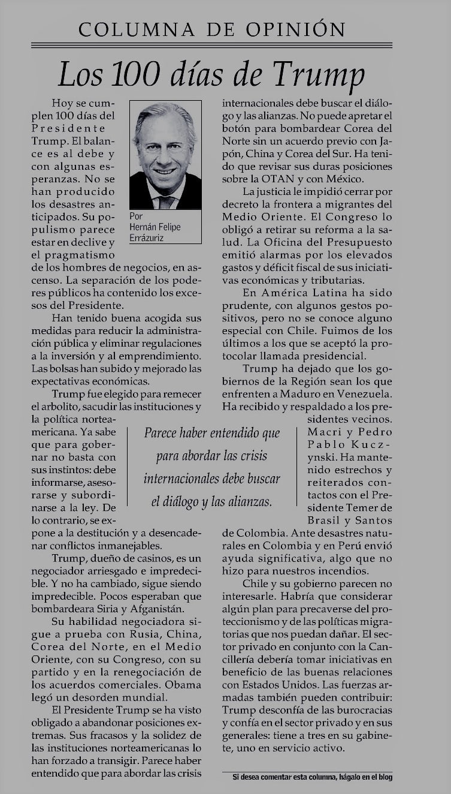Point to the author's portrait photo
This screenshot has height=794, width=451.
pos(165,155)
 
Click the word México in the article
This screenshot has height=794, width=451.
pos(353,178)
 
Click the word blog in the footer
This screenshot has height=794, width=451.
pos(384,778)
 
